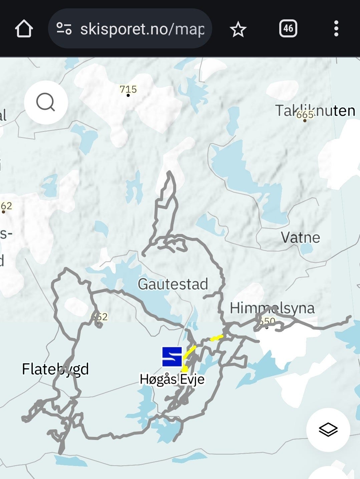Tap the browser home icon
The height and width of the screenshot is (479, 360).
tap(24, 29)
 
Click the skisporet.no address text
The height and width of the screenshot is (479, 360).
tap(142, 29)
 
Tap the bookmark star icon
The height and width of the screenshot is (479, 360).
tap(238, 29)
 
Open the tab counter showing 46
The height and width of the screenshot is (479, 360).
tap(288, 29)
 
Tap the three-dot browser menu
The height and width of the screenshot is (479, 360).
tap(336, 29)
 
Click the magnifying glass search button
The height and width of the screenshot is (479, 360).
tap(46, 102)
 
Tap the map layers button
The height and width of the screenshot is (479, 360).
tap(328, 430)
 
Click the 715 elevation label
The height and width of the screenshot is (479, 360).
tap(128, 89)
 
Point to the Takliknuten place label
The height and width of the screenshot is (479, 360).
tap(315, 110)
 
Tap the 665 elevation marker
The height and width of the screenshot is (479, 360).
tap(305, 115)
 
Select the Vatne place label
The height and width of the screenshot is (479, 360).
tap(300, 238)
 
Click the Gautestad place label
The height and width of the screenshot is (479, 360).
tap(173, 284)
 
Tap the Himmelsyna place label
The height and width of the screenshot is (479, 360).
tap(272, 308)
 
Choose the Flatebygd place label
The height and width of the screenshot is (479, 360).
tap(55, 369)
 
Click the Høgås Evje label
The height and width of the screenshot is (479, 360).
tap(172, 379)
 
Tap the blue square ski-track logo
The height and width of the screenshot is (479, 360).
tap(172, 356)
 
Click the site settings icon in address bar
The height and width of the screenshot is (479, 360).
tap(64, 29)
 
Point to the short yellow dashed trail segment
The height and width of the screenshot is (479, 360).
tap(217, 338)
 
